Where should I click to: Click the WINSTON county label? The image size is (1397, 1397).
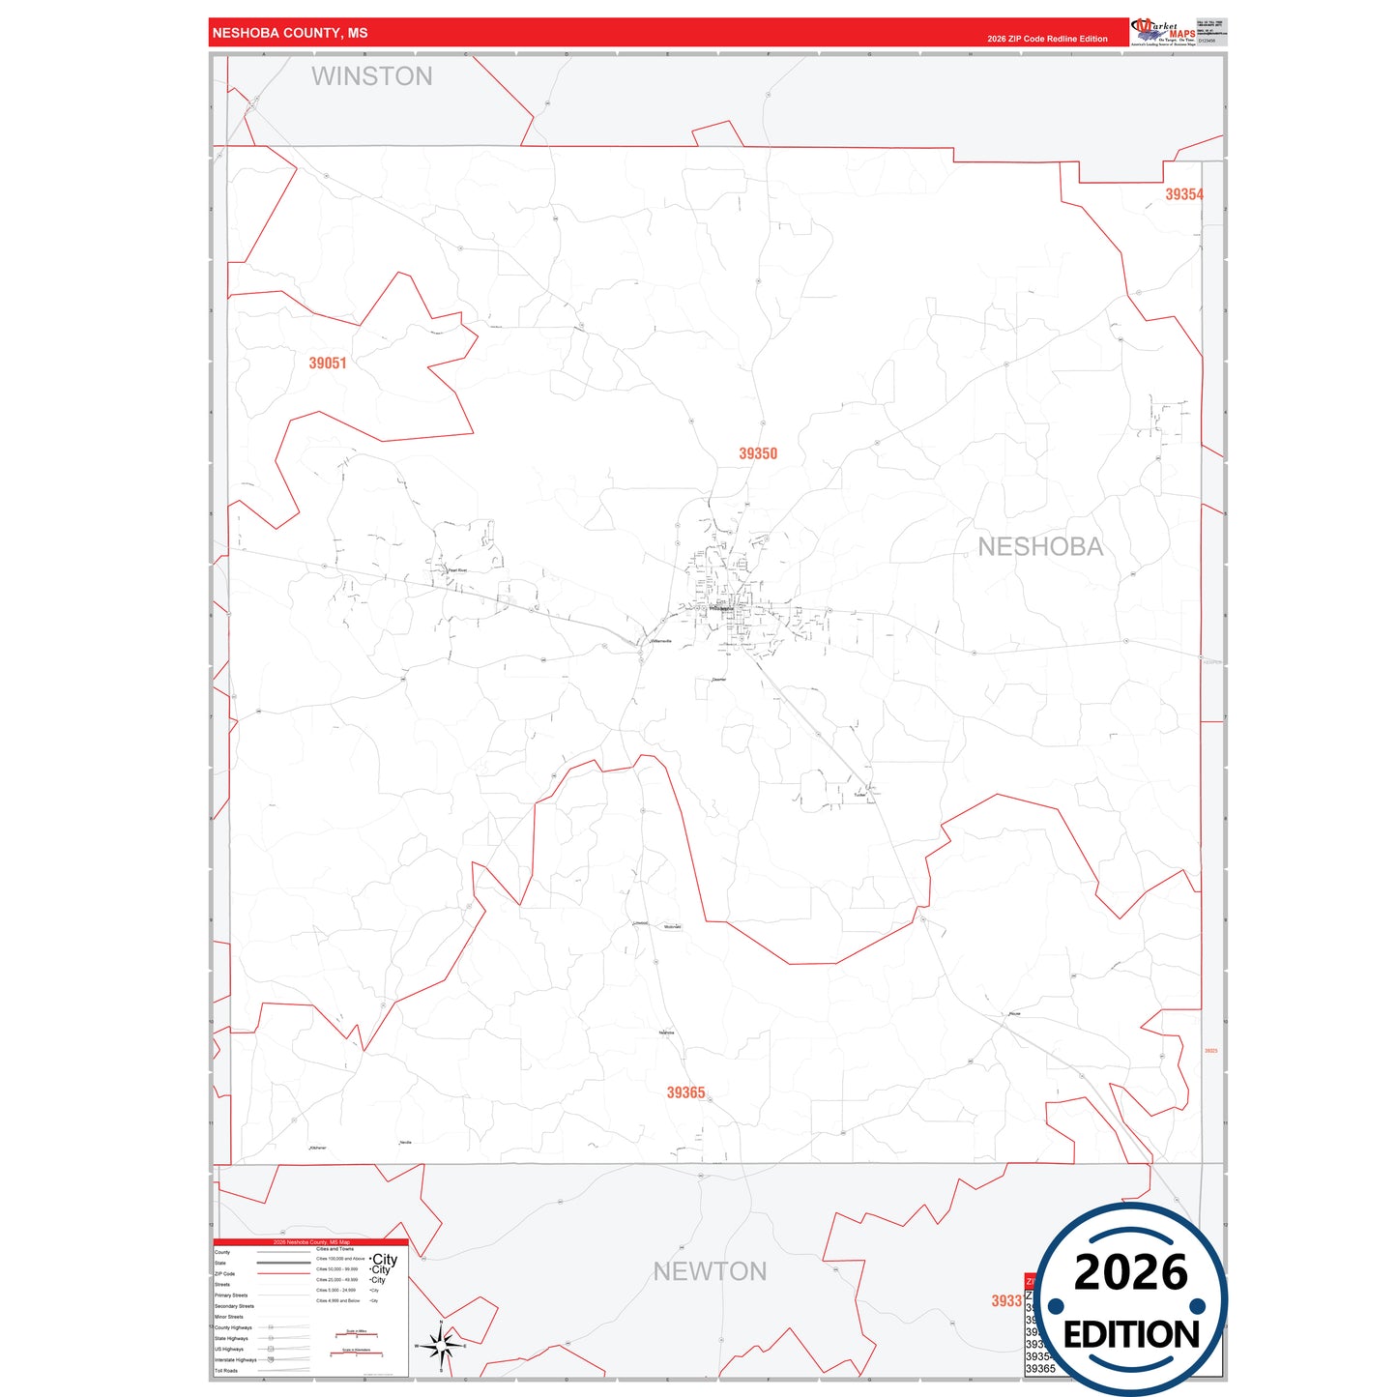pos(372,76)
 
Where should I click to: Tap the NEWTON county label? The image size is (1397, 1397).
pos(710,1271)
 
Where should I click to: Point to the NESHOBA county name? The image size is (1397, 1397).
pos(1040,547)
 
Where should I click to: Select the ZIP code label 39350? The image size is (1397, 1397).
pos(758,453)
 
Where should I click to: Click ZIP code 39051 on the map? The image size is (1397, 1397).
pos(328,364)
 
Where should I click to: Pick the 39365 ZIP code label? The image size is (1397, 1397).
pos(685,1092)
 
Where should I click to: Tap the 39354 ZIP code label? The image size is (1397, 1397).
pos(1184,194)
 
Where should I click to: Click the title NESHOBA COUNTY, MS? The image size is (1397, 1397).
pos(290,33)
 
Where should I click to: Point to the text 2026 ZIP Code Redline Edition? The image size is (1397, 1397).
pos(1047,39)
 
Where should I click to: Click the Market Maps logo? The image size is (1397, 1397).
pos(1163,32)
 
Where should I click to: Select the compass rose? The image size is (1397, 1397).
pos(441,1345)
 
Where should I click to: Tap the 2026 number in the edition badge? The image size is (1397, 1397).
pos(1130,1272)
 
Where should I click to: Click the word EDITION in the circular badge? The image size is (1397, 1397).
pos(1131,1335)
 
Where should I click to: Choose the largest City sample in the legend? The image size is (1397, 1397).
pos(385,1260)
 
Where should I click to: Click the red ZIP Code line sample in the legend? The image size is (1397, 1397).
pos(283,1274)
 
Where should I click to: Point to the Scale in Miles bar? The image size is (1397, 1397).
pos(356,1335)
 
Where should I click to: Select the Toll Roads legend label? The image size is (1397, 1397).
pos(226,1371)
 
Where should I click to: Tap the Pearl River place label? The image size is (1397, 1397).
pos(457,570)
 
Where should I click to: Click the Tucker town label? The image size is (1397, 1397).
pos(859,795)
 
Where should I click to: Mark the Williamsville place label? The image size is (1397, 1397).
pos(661,641)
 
